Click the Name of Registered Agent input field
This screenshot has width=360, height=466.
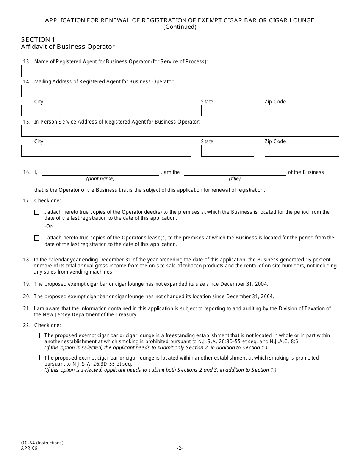click(180, 71)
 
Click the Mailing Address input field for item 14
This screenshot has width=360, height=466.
click(180, 91)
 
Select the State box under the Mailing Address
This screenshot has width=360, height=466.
click(227, 111)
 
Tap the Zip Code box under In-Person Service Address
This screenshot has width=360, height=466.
click(302, 151)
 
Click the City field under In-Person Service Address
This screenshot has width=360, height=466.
click(106, 151)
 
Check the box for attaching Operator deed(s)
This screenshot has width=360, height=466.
click(37, 212)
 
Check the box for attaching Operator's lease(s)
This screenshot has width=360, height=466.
click(37, 238)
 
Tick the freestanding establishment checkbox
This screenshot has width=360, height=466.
click(37, 335)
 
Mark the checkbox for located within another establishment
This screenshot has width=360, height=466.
click(37, 358)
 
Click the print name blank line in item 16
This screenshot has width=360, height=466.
click(100, 172)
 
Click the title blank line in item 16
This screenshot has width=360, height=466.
click(235, 172)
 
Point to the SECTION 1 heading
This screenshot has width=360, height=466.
click(36, 39)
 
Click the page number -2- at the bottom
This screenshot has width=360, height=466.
click(180, 448)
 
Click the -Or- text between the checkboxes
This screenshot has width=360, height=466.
click(49, 226)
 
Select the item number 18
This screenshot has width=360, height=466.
click(27, 260)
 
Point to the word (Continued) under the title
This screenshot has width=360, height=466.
click(180, 27)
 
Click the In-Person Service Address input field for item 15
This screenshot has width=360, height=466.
click(180, 131)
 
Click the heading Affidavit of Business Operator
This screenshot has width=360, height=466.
click(68, 47)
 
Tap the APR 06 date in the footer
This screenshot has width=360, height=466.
click(30, 448)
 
